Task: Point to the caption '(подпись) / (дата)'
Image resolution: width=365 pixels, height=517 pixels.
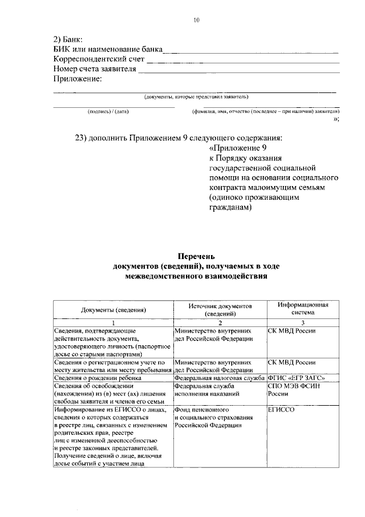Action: [108, 112]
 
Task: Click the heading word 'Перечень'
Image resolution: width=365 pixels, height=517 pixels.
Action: [196, 256]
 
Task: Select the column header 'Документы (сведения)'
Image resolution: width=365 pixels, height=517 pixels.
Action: [113, 309]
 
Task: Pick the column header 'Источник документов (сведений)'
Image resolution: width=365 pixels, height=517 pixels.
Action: [220, 309]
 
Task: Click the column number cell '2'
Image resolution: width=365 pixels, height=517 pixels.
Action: [220, 323]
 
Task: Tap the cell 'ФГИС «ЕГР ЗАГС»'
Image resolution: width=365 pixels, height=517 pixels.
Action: [296, 378]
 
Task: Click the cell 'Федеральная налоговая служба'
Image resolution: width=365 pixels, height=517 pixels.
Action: [220, 378]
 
